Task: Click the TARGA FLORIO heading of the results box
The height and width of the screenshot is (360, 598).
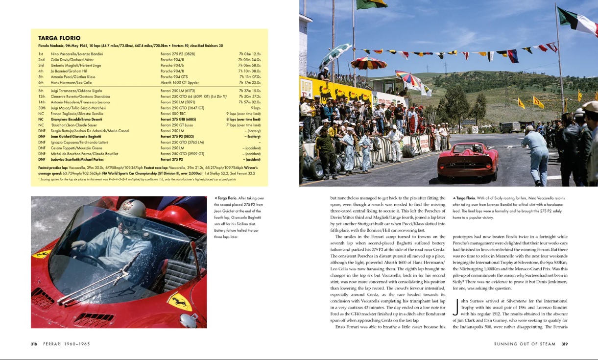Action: [x=59, y=38]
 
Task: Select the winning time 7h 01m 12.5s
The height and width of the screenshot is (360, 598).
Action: [x=249, y=54]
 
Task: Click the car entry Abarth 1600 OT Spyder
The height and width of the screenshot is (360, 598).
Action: [x=179, y=83]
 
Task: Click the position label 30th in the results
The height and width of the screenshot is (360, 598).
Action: [x=42, y=108]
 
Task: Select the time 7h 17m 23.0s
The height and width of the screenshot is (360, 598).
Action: [x=249, y=83]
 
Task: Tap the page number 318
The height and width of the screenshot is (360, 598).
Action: [x=34, y=344]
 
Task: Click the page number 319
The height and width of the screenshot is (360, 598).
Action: [x=564, y=344]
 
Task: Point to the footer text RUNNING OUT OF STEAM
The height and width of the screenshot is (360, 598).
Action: [x=525, y=344]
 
